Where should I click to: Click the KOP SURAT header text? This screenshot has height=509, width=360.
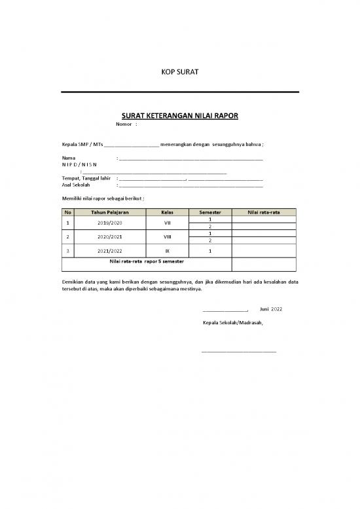coord(179,71)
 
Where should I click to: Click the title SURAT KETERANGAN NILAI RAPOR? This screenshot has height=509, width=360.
coord(179,116)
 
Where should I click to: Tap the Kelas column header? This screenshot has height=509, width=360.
coord(167,212)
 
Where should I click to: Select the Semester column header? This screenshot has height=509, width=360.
coord(209,212)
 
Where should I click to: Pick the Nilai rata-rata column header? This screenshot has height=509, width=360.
coord(264,212)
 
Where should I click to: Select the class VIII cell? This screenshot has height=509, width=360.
coord(167,236)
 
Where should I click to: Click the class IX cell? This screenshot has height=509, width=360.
coord(167,251)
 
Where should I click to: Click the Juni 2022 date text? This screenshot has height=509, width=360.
coord(271,309)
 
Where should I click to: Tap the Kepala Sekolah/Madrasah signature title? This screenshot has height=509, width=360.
coord(232,323)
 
